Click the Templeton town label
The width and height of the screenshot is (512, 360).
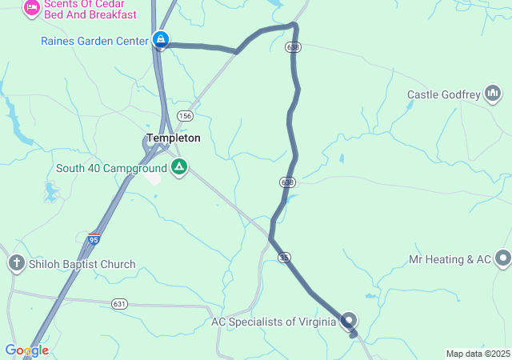click(x=173, y=138)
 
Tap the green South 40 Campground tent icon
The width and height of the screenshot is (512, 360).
click(x=180, y=168)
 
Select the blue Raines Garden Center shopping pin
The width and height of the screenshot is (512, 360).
click(x=161, y=39)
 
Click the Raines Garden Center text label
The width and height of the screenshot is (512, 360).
click(x=94, y=40)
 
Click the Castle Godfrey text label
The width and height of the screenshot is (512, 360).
click(x=443, y=95)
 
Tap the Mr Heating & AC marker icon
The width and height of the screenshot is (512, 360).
click(x=502, y=258)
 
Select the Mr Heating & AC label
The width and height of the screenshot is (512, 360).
click(x=449, y=259)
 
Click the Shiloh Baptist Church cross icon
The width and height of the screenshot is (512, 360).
click(x=15, y=263)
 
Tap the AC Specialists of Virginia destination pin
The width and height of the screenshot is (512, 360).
click(x=349, y=322)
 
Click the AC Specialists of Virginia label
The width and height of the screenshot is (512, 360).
click(x=274, y=322)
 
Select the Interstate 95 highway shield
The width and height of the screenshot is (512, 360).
click(x=94, y=238)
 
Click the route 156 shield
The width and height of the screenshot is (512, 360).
click(x=185, y=116)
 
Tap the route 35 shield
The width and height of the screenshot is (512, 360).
click(x=284, y=257)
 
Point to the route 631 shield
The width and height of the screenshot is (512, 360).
click(x=119, y=303)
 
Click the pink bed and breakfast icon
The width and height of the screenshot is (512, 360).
click(x=32, y=9)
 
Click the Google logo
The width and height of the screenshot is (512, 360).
click(x=26, y=350)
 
